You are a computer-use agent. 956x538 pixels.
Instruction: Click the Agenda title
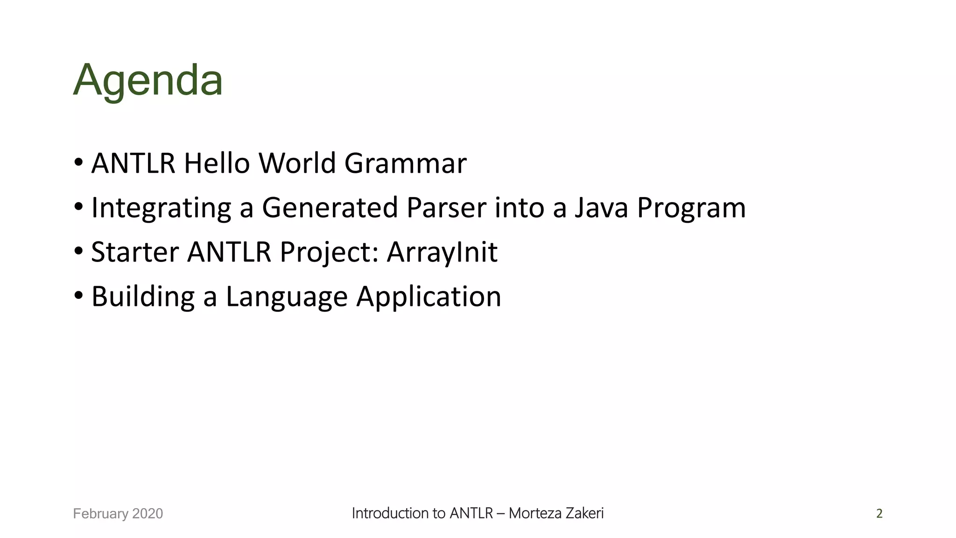point(148,80)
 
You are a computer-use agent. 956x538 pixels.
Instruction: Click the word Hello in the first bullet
point(216,163)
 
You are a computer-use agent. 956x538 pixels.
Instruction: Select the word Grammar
point(405,163)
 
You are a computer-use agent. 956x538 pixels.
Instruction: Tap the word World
point(297,163)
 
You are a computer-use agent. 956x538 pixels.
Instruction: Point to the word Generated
point(330,208)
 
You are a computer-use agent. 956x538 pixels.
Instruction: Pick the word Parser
point(446,208)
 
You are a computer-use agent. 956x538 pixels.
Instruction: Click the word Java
point(601,208)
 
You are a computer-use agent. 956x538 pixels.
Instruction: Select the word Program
point(691,208)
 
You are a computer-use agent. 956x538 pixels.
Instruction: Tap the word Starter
point(134,252)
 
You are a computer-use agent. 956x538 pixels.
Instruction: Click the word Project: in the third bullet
point(329,252)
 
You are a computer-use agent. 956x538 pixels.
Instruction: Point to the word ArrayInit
point(442,252)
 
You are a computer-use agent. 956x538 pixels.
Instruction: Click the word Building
point(143,297)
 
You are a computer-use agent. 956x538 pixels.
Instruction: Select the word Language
point(287,297)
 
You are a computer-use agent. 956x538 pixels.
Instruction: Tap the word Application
point(429,297)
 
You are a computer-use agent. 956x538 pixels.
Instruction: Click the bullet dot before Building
point(78,296)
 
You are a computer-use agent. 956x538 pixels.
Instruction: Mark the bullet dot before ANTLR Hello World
point(78,163)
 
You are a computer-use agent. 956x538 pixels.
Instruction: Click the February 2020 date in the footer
point(118,514)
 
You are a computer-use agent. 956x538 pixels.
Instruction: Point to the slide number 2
point(879,514)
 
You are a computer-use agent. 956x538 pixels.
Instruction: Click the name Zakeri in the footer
point(584,513)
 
